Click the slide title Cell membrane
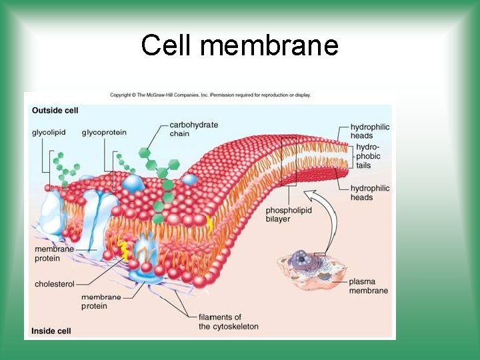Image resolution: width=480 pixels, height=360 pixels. tap(240, 45)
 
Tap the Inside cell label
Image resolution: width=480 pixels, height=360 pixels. tap(51, 330)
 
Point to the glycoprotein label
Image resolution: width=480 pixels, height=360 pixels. tap(104, 133)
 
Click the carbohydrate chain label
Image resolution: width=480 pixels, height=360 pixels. tap(193, 129)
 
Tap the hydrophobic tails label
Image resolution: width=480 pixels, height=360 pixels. tap(368, 156)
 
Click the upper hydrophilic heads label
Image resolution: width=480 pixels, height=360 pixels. tap(370, 131)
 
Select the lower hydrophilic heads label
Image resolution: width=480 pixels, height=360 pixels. tap(370, 193)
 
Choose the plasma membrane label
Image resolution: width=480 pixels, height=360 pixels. tap(368, 286)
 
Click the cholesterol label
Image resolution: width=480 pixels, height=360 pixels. tap(55, 284)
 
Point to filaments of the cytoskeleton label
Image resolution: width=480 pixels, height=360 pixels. tap(228, 321)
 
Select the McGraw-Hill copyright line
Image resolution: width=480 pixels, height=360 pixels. tap(210, 95)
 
